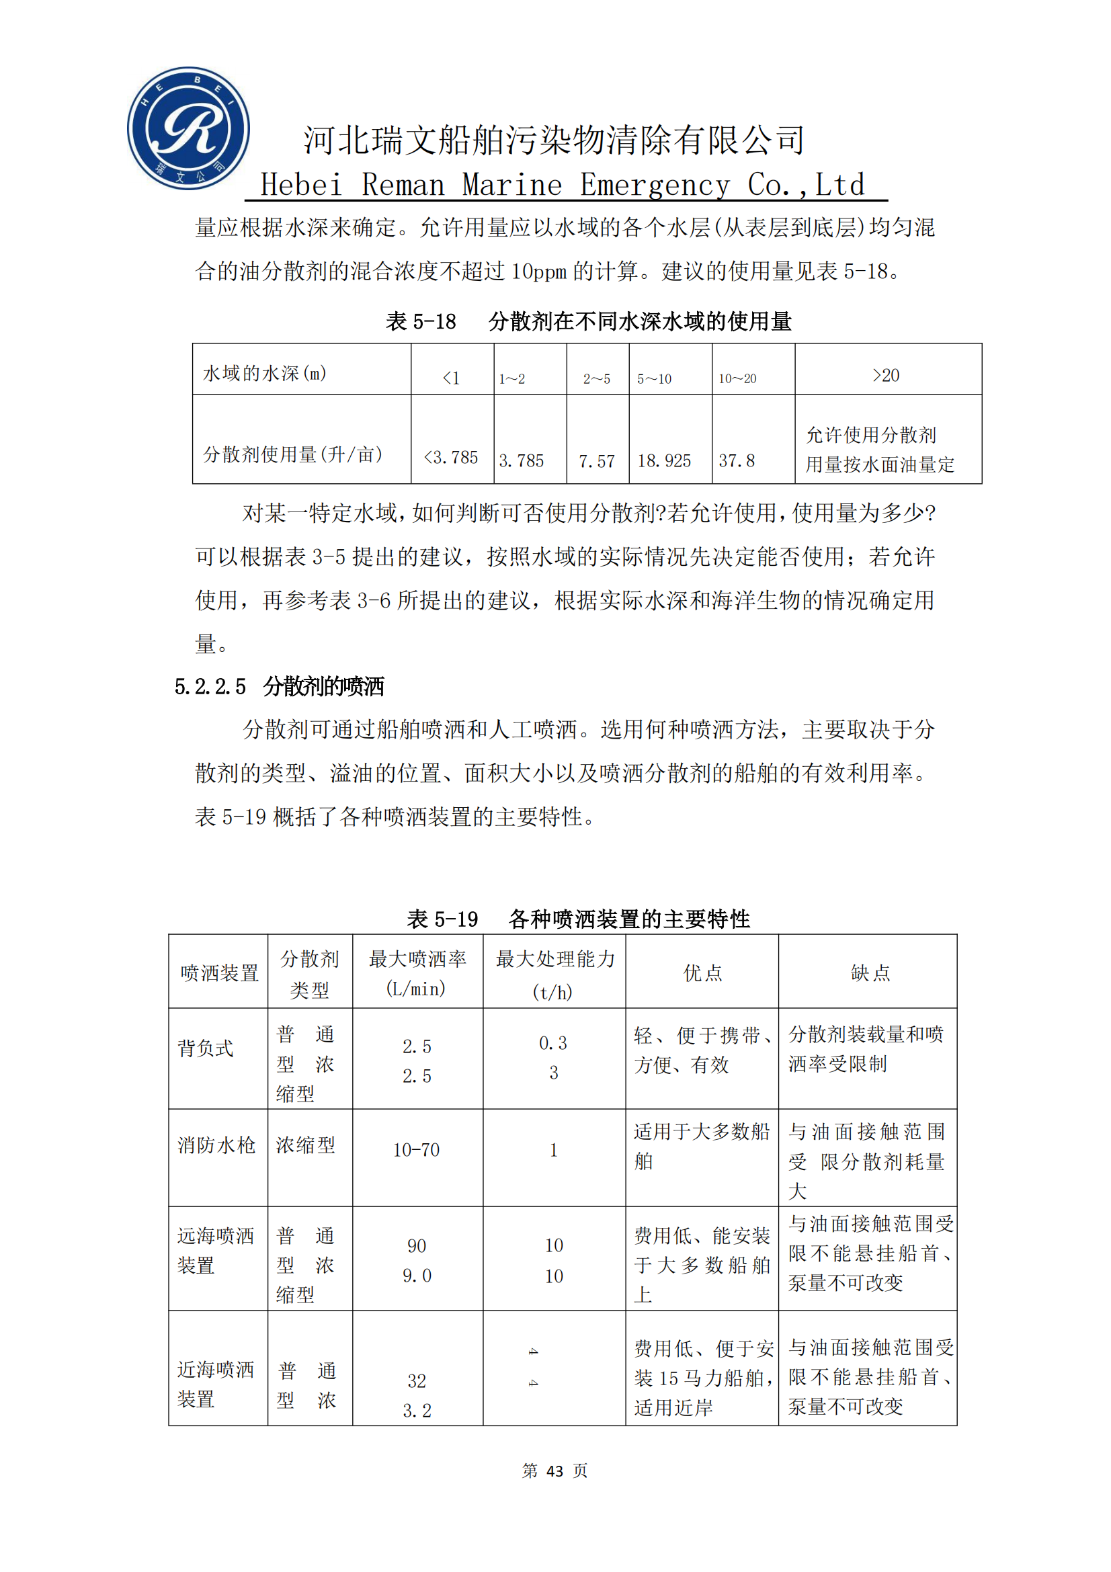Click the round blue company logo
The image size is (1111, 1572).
(x=188, y=128)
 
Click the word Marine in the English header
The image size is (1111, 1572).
(x=512, y=185)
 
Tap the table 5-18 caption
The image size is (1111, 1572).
(x=589, y=321)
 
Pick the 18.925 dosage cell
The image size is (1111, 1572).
(x=664, y=461)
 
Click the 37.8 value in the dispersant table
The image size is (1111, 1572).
(x=737, y=461)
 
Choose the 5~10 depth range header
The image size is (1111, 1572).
(x=655, y=378)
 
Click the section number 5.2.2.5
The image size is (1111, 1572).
(x=210, y=687)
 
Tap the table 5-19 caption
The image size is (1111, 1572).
(x=579, y=919)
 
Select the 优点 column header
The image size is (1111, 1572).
(x=702, y=973)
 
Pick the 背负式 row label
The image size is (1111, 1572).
(x=206, y=1048)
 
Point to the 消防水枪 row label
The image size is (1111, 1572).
(x=216, y=1145)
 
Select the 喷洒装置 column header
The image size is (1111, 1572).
(x=219, y=973)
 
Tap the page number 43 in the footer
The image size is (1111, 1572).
(x=554, y=1471)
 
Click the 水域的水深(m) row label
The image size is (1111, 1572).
(x=264, y=373)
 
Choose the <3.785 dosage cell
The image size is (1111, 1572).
(x=450, y=458)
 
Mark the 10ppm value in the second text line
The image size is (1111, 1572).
(x=539, y=272)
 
